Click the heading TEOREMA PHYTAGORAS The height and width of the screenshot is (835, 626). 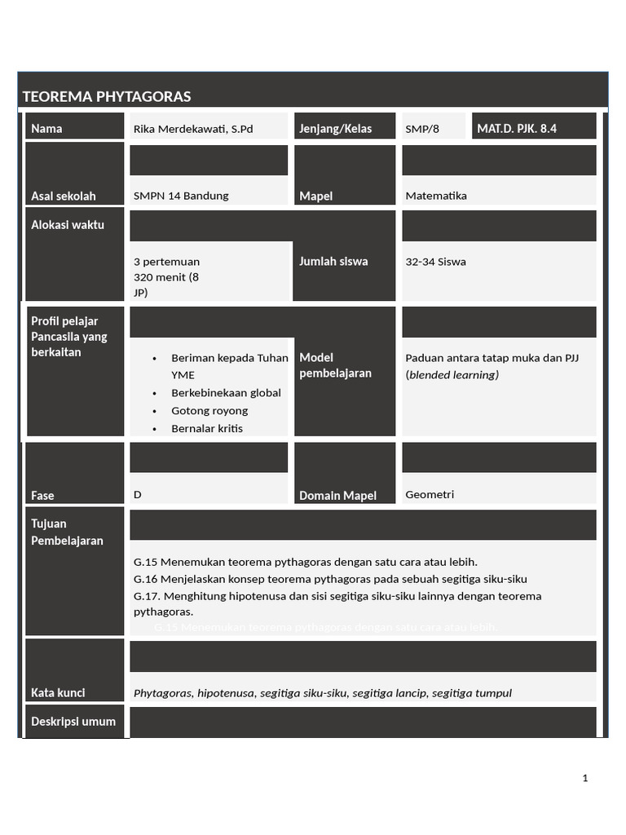point(107,97)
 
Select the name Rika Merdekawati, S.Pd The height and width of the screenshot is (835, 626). point(193,129)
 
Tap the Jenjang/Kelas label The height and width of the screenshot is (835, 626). point(335,129)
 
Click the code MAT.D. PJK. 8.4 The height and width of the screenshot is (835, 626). point(517,128)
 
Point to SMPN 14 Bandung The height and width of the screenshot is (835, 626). point(181,196)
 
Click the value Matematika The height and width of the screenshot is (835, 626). point(436,196)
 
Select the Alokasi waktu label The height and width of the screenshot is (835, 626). point(68,225)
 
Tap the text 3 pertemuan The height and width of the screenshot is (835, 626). point(166,262)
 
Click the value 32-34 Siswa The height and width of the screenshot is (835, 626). point(435,262)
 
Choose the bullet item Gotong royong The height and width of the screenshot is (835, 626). point(209,411)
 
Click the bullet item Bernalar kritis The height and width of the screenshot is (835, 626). point(207,429)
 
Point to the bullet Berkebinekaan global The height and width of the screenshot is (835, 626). point(226,393)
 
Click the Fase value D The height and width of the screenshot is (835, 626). point(138,495)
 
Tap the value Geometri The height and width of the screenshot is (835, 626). point(430,495)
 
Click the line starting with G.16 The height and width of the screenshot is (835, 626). point(330,579)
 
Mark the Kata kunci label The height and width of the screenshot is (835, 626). point(58,693)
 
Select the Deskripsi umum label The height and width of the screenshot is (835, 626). point(73,722)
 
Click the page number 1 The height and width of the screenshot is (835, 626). point(585,779)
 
